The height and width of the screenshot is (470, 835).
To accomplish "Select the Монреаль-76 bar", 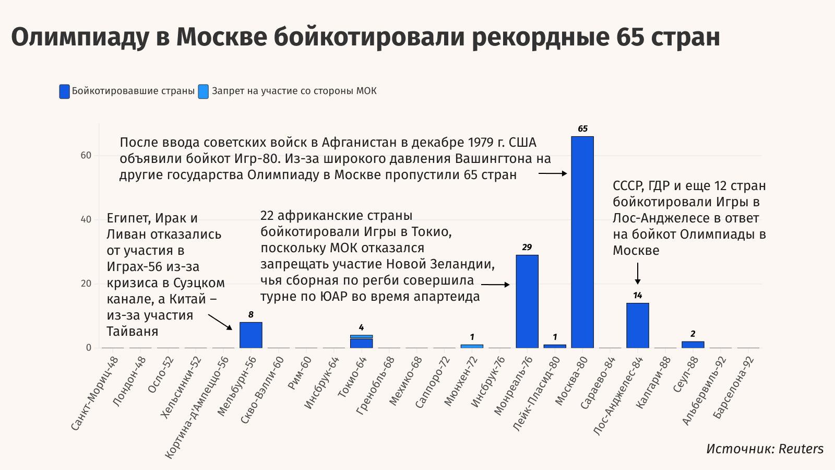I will point(527,301).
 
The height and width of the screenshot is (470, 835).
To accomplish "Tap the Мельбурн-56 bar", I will point(251,335).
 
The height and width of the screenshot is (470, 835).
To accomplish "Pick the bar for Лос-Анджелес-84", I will point(638,325).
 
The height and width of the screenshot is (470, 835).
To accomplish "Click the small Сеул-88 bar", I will point(693,345).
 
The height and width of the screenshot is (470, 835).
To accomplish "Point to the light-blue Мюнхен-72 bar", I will point(472,346).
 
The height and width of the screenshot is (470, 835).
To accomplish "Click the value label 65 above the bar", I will point(582,129).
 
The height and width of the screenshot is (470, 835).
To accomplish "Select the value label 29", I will point(527,248).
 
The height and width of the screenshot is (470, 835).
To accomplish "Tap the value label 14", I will point(638,296).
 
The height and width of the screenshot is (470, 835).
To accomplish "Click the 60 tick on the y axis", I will point(86,155).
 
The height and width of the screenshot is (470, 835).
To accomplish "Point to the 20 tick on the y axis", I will point(86,284).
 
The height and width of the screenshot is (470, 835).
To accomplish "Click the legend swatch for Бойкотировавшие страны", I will point(64,91).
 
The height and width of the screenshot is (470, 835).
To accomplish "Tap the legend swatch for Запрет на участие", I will point(204,91).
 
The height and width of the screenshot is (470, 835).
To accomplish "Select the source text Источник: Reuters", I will point(765,449).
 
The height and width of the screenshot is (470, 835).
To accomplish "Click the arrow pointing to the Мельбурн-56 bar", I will point(220,322).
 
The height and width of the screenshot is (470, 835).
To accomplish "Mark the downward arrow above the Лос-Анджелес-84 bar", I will point(638,274).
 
